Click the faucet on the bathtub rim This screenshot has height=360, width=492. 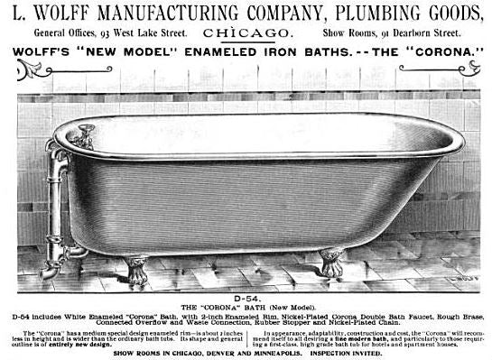click(x=83, y=138)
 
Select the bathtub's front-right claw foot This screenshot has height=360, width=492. click(x=330, y=263)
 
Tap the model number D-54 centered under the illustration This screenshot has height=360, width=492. click(x=246, y=295)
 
